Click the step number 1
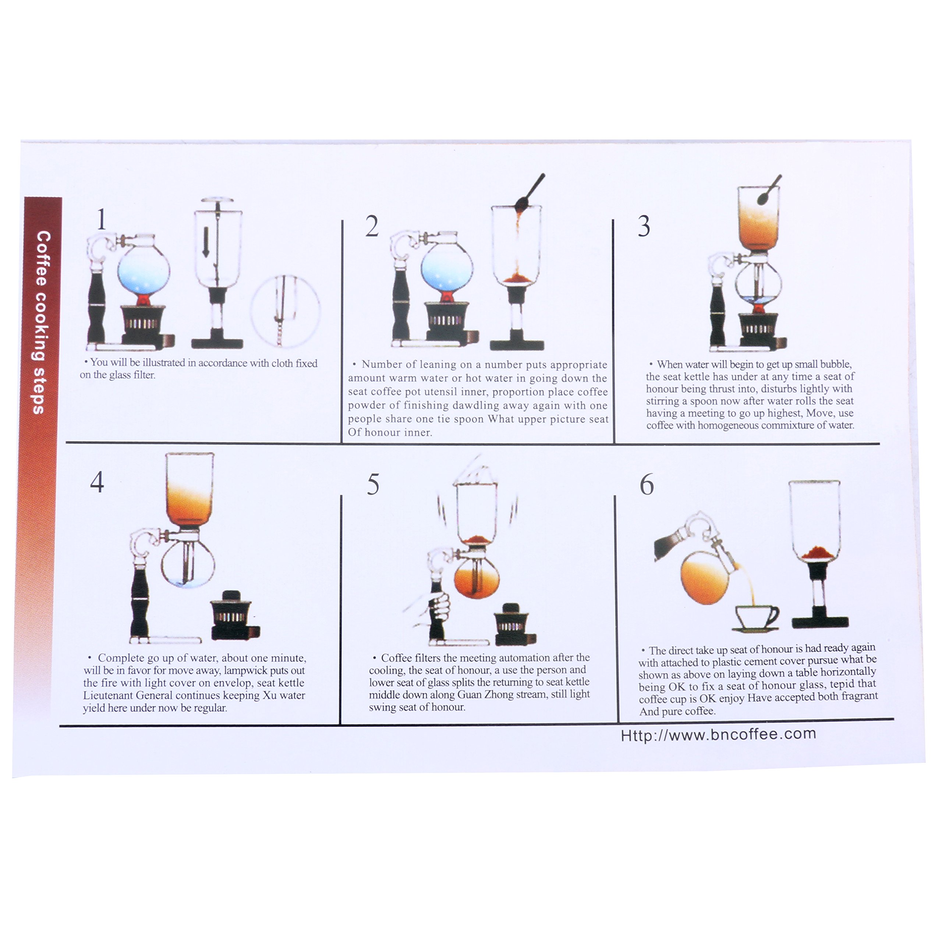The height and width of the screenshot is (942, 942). (x=102, y=219)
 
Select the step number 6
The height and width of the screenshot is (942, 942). (x=647, y=485)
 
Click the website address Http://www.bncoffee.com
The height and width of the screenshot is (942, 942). (x=718, y=735)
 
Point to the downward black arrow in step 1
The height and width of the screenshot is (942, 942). (x=206, y=242)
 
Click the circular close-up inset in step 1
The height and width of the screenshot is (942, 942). (x=285, y=311)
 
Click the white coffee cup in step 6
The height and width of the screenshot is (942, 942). (x=756, y=616)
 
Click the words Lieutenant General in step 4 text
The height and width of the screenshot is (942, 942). (x=125, y=695)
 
